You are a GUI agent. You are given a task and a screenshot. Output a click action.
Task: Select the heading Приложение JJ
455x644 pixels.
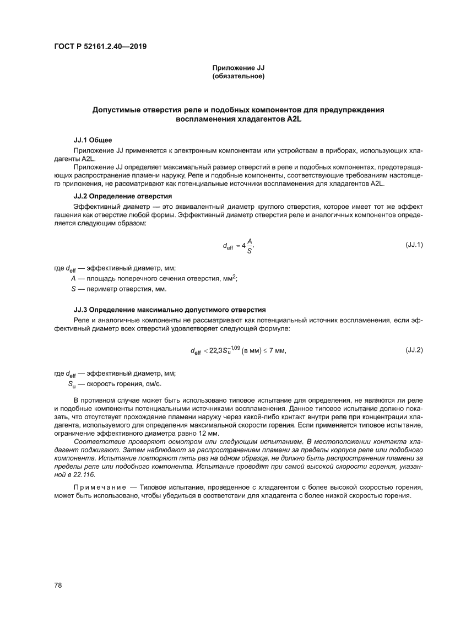coord(239,68)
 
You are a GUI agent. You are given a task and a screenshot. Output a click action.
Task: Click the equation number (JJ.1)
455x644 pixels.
coord(414,243)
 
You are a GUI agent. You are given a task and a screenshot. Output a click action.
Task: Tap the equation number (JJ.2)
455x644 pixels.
coord(414,350)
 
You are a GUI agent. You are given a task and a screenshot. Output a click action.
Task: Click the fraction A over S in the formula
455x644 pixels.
coord(250,246)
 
